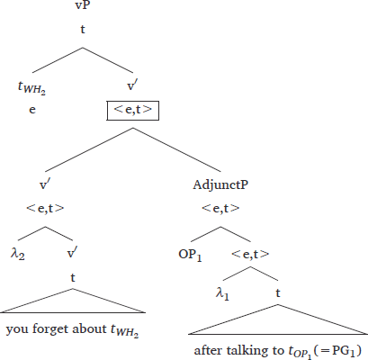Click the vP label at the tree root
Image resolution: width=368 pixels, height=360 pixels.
[83, 5]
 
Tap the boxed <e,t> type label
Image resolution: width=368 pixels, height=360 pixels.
[133, 111]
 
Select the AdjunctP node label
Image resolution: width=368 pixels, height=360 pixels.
[220, 184]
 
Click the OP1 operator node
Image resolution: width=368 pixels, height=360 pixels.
[190, 255]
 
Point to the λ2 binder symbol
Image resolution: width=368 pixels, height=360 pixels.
[18, 255]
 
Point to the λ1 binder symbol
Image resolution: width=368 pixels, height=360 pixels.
[222, 293]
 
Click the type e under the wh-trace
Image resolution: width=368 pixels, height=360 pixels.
[32, 110]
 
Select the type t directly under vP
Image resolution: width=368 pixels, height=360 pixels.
[83, 30]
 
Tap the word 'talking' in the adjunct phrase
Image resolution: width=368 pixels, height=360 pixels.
[246, 350]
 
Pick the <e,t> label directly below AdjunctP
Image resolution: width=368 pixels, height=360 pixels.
[220, 208]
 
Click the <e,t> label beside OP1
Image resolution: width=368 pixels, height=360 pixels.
[250, 254]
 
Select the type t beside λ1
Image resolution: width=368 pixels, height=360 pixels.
[278, 292]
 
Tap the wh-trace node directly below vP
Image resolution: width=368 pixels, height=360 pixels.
[31, 87]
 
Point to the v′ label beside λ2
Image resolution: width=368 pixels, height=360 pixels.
[72, 254]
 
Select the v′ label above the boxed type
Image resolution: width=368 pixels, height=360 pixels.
[132, 86]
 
